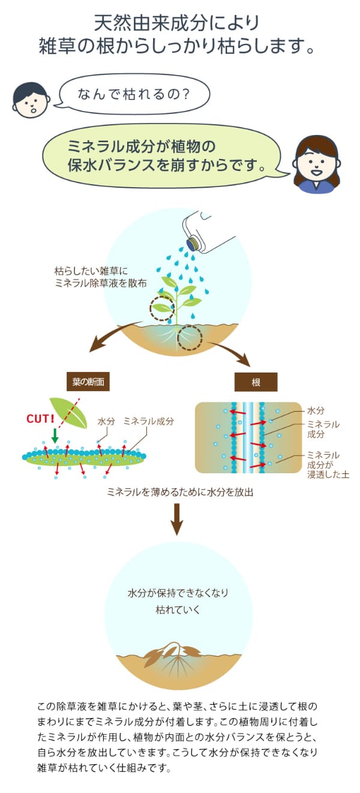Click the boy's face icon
[29, 100]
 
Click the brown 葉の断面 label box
[88, 382]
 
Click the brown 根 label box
[256, 382]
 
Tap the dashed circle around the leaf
[162, 308]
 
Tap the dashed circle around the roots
[190, 338]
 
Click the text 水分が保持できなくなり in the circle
[178, 592]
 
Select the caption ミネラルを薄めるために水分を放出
[180, 492]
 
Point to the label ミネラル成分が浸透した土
[326, 464]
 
